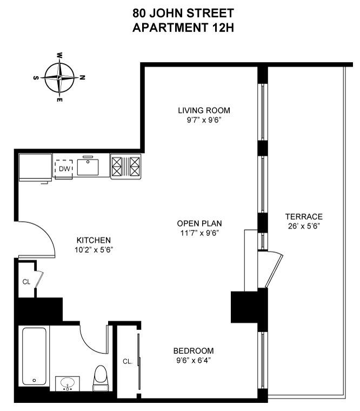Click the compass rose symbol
[x=59, y=77]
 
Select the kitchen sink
[x=88, y=167]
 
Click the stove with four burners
[x=125, y=166]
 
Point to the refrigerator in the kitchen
[x=35, y=168]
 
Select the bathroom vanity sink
[x=68, y=383]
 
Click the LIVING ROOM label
[x=200, y=111]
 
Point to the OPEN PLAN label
[x=199, y=223]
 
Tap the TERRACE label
[x=304, y=216]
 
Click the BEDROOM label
[x=193, y=350]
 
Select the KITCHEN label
[x=94, y=240]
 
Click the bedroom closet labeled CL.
[x=128, y=361]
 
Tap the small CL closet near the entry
[x=26, y=281]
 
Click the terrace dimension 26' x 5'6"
[x=304, y=227]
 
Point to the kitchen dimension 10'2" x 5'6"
[x=94, y=250]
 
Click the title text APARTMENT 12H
[x=179, y=26]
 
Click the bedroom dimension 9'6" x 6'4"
[x=193, y=360]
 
